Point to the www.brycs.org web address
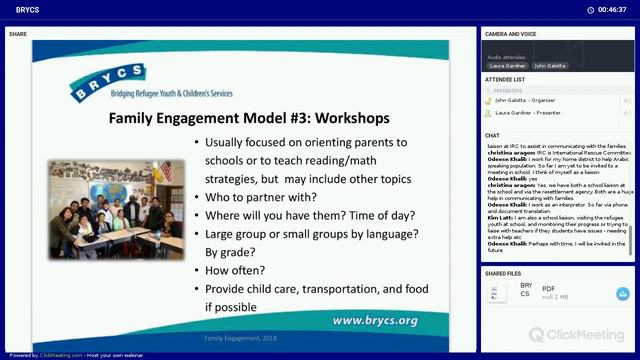point(374,320)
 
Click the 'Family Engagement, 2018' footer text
point(239,338)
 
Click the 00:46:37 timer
point(611,9)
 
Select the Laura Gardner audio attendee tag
point(506,65)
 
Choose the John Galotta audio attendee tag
point(550,65)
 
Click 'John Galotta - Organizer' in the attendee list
point(525,100)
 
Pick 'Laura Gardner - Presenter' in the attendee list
point(527,113)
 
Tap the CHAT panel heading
point(492,135)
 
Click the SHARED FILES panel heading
point(503,273)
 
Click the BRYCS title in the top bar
point(27,9)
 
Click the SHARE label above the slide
point(18,34)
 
